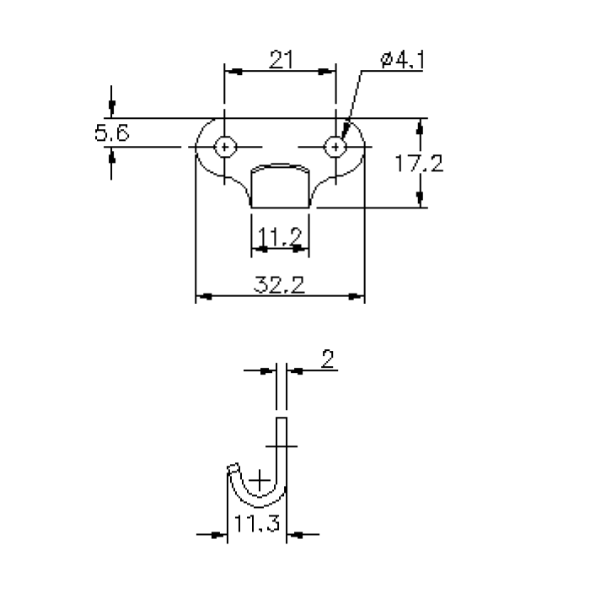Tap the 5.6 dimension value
tap(111, 133)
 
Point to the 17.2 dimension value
tap(419, 164)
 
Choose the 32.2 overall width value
tap(279, 284)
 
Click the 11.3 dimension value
tap(257, 523)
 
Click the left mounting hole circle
tap(224, 147)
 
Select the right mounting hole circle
tap(335, 147)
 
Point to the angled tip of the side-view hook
tap(233, 467)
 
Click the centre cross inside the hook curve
tap(260, 479)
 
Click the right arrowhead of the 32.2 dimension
tap(358, 297)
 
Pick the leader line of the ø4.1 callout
tap(352, 101)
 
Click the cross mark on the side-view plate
tap(282, 444)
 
